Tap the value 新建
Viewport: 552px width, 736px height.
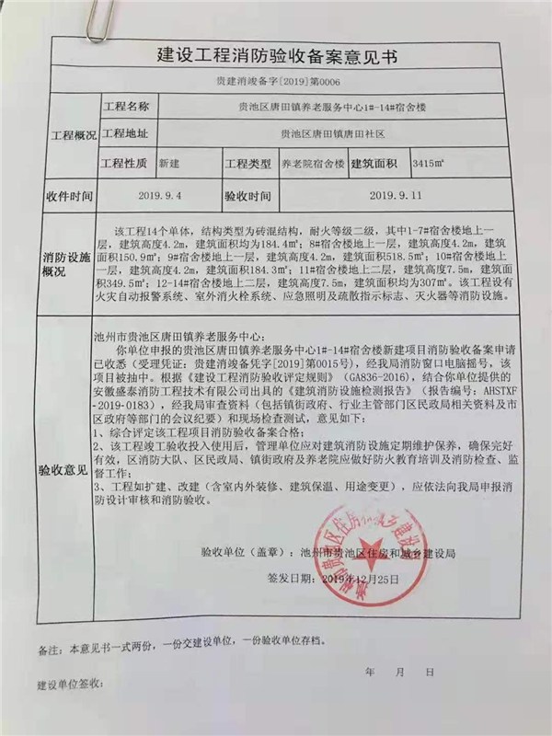tap(170, 163)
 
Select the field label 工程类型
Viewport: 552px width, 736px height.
tap(248, 164)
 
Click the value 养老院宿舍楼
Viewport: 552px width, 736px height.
tap(313, 164)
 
